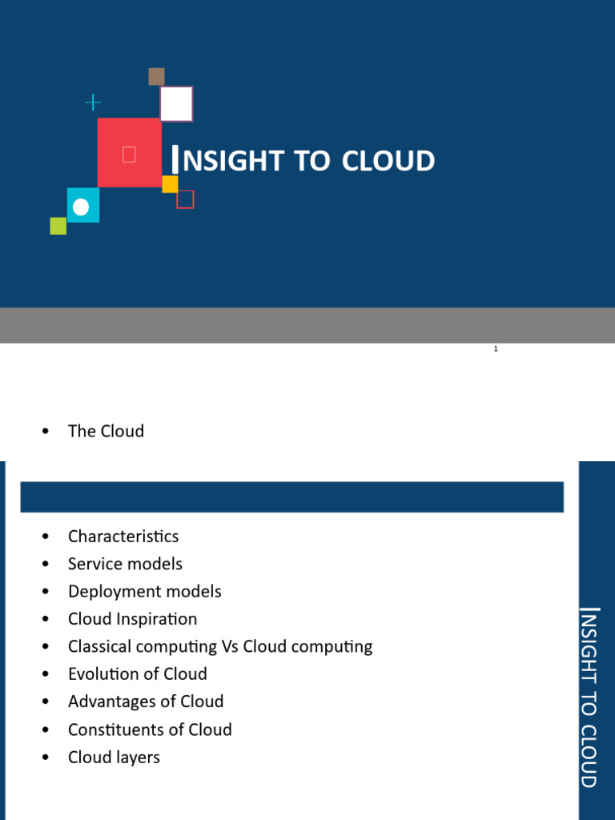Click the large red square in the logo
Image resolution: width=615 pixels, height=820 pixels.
[129, 152]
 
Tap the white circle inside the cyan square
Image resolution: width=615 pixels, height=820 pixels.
[81, 207]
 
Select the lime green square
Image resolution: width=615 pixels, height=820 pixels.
[58, 226]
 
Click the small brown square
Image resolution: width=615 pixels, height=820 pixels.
[156, 76]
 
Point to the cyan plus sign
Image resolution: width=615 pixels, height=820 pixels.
[93, 102]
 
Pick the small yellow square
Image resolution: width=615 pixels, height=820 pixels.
[170, 184]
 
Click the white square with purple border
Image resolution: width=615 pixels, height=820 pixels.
[176, 104]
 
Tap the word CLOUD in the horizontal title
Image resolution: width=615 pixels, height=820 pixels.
[388, 160]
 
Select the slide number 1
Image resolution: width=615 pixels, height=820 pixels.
[496, 349]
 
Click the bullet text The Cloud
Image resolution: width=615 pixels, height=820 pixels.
[107, 431]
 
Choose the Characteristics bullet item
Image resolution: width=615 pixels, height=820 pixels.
[123, 536]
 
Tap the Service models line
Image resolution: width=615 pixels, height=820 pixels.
[125, 564]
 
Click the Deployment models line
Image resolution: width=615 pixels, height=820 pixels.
[145, 592]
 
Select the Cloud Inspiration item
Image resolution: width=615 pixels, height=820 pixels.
[133, 619]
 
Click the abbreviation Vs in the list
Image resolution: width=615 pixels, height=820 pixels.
[230, 646]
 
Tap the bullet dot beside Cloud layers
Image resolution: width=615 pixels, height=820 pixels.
[46, 758]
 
